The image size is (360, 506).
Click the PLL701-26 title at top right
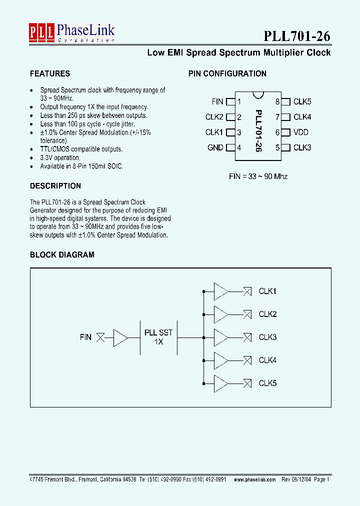296,36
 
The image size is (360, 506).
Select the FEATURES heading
50,73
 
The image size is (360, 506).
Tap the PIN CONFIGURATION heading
227,73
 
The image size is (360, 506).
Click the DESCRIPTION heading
55,186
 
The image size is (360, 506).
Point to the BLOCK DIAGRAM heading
62,254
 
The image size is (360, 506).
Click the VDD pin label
301,132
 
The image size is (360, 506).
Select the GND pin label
215,147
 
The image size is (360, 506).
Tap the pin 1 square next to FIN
230,102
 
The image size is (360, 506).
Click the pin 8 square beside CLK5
286,102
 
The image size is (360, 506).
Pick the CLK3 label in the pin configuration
302,147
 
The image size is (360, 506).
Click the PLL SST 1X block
158,337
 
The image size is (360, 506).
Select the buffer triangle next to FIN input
120,337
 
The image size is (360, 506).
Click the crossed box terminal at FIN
100,337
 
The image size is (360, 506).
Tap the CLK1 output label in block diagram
267,291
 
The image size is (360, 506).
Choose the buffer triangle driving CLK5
220,383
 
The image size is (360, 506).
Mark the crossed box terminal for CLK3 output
247,337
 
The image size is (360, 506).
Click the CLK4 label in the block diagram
267,360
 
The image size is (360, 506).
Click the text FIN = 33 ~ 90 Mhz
258,176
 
